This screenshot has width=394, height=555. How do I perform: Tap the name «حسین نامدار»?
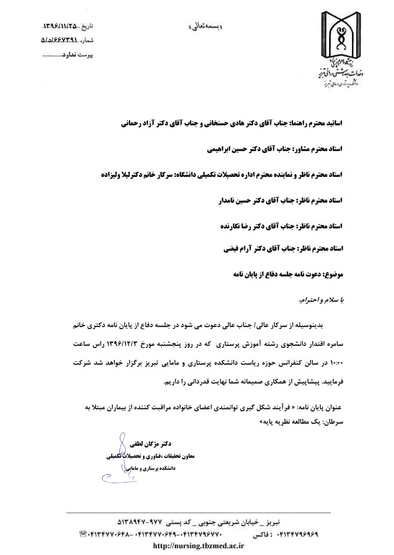click(227, 201)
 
